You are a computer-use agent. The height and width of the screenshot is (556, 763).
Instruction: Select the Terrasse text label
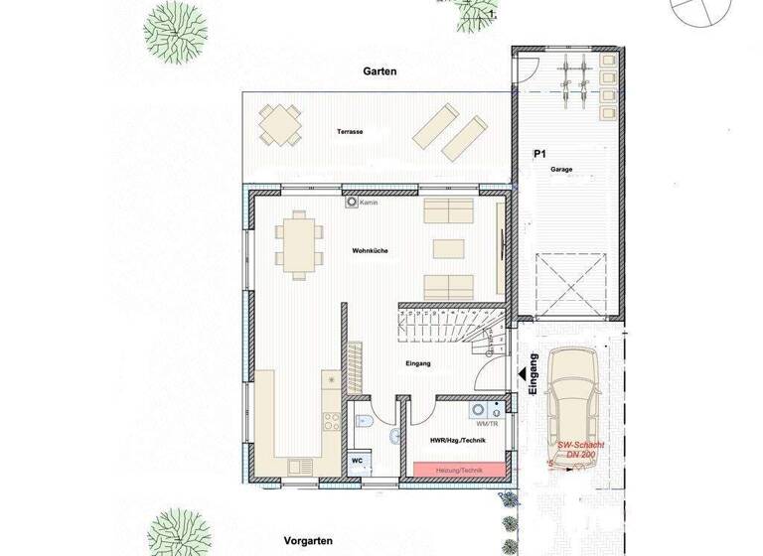pos(350,131)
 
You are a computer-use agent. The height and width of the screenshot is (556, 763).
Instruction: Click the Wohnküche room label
pos(369,251)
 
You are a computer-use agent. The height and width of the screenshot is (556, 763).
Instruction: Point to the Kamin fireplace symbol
pos(352,203)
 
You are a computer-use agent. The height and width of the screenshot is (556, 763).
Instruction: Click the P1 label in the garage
pos(540,155)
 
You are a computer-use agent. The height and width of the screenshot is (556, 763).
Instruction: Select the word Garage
pos(562,170)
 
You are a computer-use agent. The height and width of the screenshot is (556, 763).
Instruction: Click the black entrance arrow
pos(521,374)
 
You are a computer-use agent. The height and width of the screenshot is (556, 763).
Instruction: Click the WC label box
pos(357,462)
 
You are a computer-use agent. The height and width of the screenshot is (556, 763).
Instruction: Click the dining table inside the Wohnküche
pos(299,243)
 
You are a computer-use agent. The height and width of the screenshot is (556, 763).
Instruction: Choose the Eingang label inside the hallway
pos(418,364)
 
